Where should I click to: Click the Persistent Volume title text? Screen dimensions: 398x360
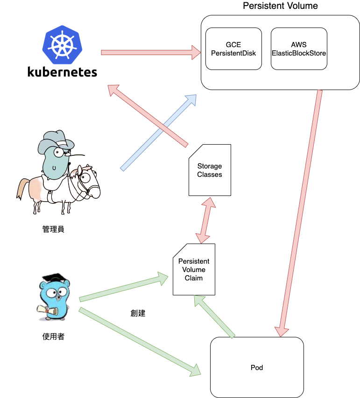coord(280,6)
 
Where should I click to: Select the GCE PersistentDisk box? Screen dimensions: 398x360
coord(233,49)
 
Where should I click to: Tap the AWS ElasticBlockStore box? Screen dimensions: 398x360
coord(299,49)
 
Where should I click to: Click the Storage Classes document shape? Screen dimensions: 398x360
coord(210,170)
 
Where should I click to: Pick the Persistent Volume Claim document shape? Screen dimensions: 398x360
coord(194,270)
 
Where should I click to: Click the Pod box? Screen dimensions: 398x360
coord(257,367)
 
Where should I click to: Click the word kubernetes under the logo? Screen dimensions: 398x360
coord(62,72)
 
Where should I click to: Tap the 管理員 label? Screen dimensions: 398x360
coord(53,229)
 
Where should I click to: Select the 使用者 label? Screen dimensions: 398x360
coord(53,336)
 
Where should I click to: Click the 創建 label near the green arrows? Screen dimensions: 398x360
coord(138,313)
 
